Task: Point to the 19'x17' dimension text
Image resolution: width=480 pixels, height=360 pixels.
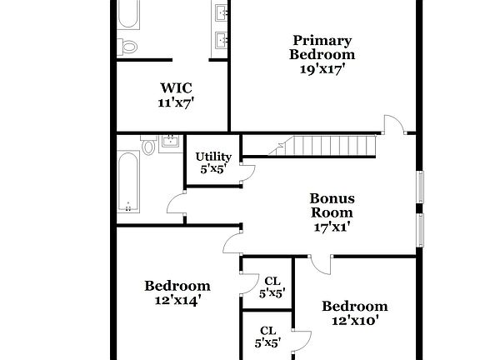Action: click(x=322, y=70)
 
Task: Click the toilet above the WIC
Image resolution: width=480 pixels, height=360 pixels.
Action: click(x=127, y=47)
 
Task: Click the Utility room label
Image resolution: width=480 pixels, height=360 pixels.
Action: click(x=213, y=156)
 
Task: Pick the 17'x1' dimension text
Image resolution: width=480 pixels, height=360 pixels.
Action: click(x=332, y=226)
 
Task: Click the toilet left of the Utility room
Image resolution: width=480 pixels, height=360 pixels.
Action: click(x=148, y=147)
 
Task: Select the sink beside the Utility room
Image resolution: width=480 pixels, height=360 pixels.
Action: click(x=171, y=142)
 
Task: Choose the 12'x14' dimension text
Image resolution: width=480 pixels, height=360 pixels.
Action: click(x=176, y=301)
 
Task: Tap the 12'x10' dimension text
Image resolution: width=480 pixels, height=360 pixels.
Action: click(x=355, y=320)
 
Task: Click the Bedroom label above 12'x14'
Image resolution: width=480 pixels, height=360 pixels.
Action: click(x=177, y=286)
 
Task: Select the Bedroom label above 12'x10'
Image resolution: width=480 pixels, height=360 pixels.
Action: click(x=355, y=306)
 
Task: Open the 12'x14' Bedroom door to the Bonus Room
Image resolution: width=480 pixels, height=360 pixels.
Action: click(x=232, y=242)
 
